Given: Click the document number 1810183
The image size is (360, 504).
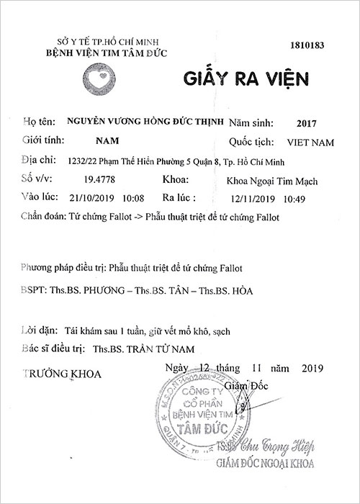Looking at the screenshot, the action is (308, 45).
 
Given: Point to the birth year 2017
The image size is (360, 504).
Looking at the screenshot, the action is (296, 123).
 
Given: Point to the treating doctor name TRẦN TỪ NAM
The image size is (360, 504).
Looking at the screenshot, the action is (158, 348).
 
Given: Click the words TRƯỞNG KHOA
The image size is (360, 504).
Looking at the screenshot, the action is (63, 374).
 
